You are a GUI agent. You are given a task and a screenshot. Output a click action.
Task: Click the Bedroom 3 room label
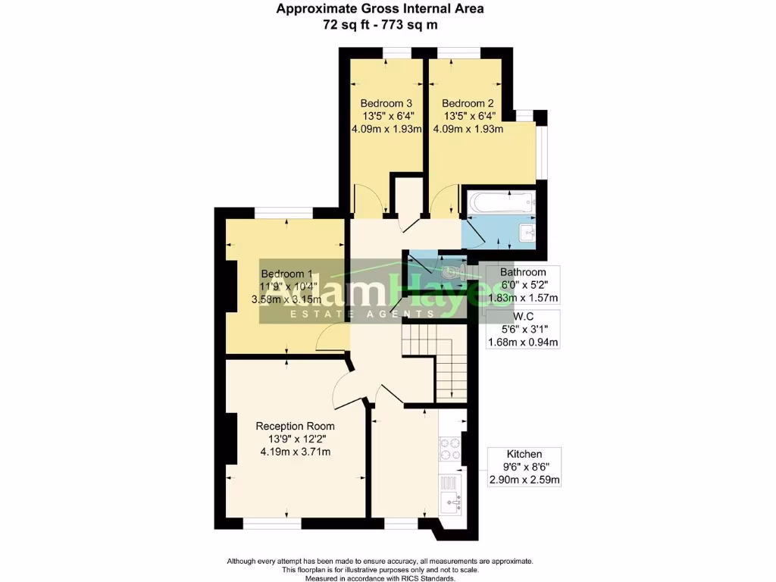(x=386, y=103)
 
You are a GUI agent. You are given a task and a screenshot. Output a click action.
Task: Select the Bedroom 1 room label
(x=286, y=274)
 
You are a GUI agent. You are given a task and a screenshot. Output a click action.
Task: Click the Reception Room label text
(x=295, y=426)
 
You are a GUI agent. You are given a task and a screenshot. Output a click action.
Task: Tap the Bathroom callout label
(x=523, y=272)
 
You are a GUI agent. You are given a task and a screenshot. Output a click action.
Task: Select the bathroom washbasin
(x=527, y=233)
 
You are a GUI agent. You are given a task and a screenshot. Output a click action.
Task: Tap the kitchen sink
(x=451, y=500)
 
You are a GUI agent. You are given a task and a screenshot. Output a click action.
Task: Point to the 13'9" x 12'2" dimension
(x=295, y=439)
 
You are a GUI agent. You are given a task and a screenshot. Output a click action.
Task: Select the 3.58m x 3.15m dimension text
(x=286, y=299)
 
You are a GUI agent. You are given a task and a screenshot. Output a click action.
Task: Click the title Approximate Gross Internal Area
(x=380, y=9)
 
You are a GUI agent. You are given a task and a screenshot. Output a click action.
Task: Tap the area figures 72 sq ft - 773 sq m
(x=380, y=24)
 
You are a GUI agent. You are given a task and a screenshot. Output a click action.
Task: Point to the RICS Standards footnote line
(x=380, y=577)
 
